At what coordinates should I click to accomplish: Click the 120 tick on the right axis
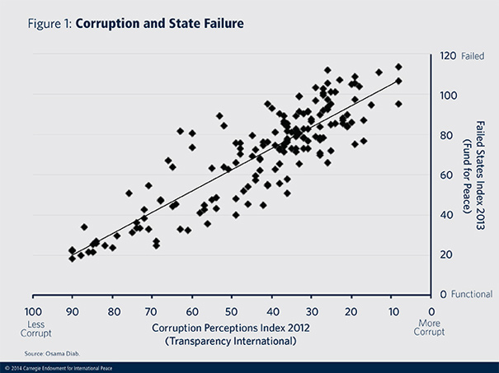(448, 56)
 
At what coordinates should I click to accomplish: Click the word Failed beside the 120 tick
(473, 56)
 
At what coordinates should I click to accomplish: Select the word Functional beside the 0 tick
(478, 294)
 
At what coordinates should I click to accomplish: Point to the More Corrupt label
(431, 329)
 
